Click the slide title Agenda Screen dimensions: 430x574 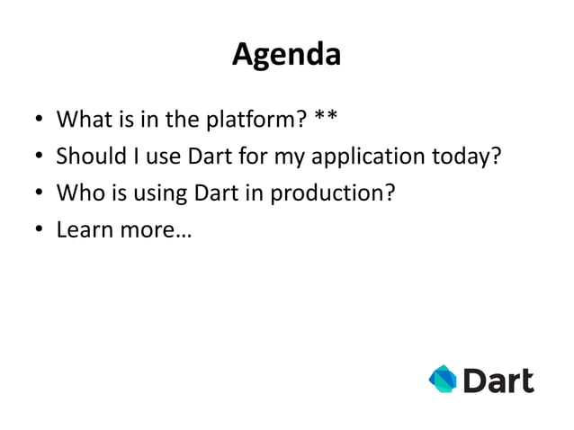tap(286, 56)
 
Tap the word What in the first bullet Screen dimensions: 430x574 tap(82, 120)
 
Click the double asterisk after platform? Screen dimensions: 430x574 tap(327, 118)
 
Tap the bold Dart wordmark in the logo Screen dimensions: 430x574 tap(498, 381)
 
